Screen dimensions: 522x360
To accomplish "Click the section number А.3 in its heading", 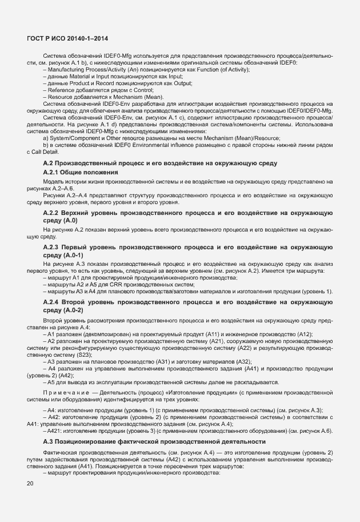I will coord(50,442).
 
